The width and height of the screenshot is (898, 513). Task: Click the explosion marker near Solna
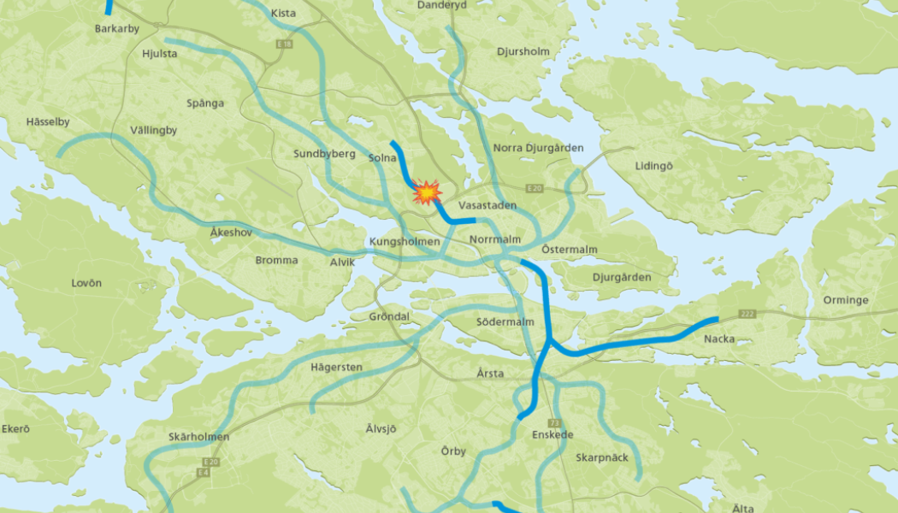click(425, 192)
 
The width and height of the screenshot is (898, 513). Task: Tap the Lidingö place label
click(654, 166)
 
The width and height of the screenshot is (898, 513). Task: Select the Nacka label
click(718, 339)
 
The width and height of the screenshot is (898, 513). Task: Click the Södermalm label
click(505, 322)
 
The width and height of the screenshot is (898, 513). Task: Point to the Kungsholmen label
click(405, 242)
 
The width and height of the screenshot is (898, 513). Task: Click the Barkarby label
click(117, 29)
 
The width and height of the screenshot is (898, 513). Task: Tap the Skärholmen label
click(198, 437)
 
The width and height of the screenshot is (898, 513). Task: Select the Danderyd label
click(441, 5)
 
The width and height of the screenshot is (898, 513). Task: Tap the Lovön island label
click(86, 283)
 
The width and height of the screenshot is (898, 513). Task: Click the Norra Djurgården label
click(538, 148)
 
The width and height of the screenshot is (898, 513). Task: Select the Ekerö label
click(15, 428)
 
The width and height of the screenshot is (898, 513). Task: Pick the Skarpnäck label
click(601, 457)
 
